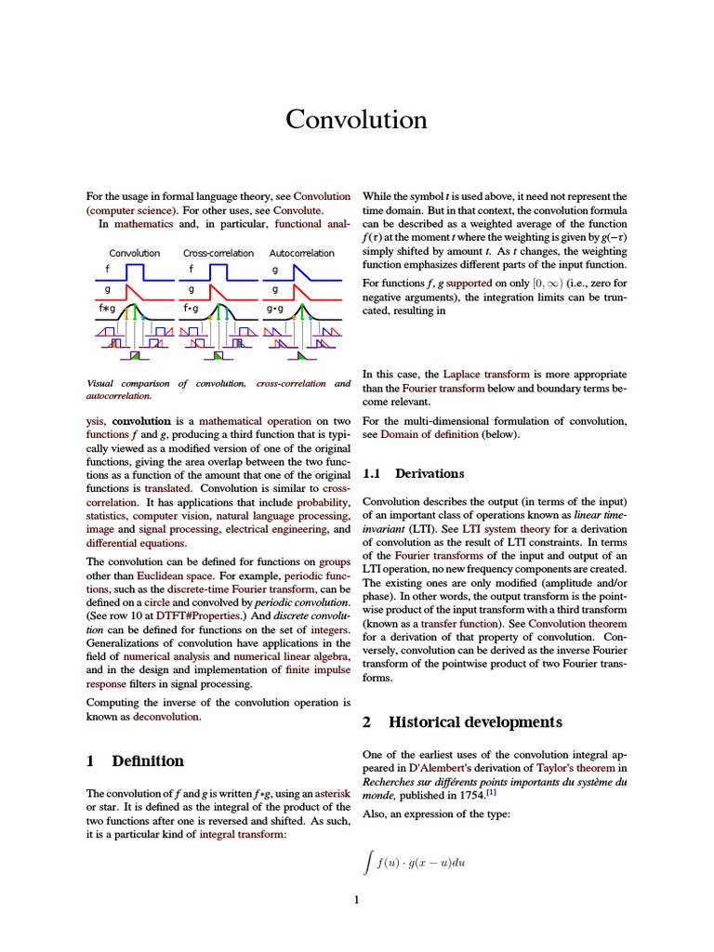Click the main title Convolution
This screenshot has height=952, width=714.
click(356, 120)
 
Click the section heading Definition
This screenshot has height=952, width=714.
click(147, 760)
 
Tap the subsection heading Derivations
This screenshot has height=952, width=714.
click(430, 473)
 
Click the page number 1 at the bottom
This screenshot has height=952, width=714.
click(356, 899)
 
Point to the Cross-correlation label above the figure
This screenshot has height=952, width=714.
click(218, 253)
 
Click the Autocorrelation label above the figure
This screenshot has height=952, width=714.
click(302, 253)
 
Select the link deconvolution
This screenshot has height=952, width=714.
click(165, 718)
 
